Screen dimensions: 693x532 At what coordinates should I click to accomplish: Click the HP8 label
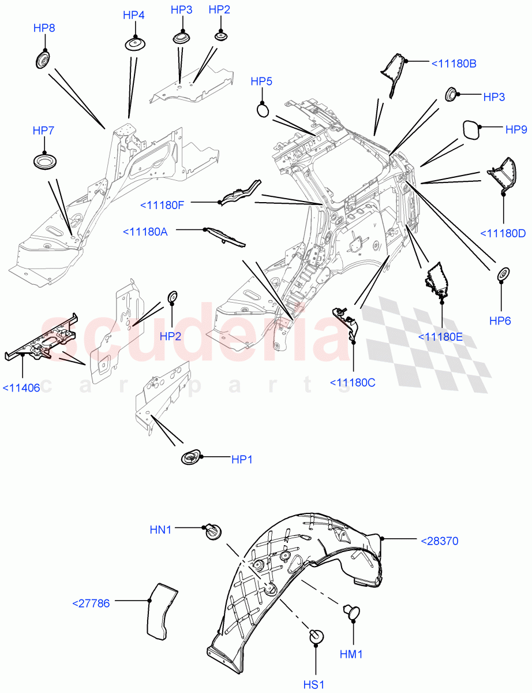pos(44,28)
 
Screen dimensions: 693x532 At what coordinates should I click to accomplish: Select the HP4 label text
pos(133,15)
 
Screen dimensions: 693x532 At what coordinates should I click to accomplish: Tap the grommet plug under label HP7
pos(43,162)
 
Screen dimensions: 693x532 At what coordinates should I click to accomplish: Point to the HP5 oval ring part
pos(262,109)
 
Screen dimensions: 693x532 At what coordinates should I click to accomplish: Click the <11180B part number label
pos(454,63)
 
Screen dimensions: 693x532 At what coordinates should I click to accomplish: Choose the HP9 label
pos(516,130)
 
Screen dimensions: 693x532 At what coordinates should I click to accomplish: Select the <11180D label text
pos(503,233)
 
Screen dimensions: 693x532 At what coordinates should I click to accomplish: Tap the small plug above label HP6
pos(503,274)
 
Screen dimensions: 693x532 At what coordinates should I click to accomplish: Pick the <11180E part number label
pos(440,337)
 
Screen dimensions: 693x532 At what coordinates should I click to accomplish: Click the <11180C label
pos(353,382)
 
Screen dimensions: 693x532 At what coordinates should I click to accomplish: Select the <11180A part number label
pos(145,232)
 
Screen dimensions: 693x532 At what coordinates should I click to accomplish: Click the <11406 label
pos(21,388)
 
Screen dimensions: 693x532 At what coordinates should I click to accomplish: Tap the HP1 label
pos(242,460)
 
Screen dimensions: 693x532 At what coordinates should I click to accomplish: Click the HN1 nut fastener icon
pos(213,531)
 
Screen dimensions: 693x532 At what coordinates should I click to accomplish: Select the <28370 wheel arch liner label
pos(439,541)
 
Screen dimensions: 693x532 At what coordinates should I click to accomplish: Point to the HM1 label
pos(351,654)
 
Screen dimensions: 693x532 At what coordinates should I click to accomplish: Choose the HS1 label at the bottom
pos(315,685)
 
